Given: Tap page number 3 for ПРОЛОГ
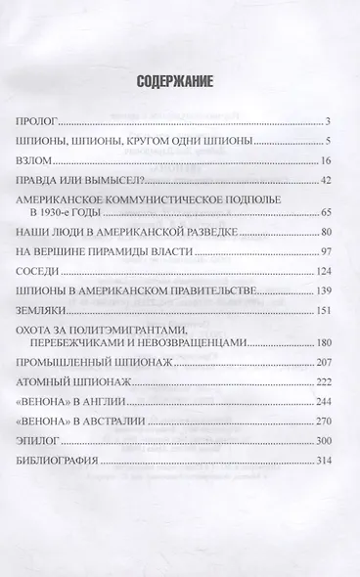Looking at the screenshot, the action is coord(332,122).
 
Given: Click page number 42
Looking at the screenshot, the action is coord(329,181).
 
